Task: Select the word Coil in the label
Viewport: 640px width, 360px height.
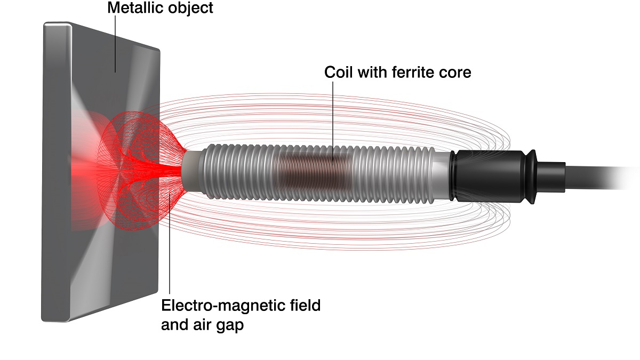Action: click(337, 73)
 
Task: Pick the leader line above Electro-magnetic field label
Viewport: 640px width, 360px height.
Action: click(170, 251)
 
